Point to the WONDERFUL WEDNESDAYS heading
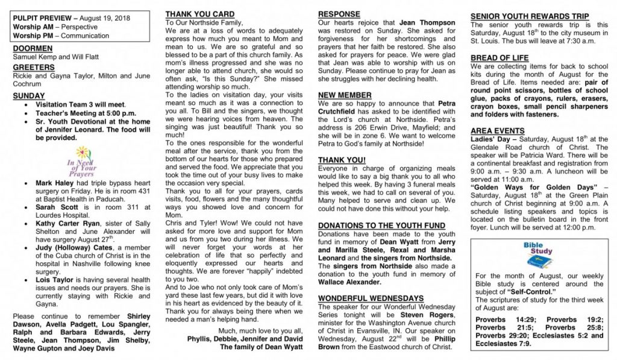click(371, 298)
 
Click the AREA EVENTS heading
click(498, 130)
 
